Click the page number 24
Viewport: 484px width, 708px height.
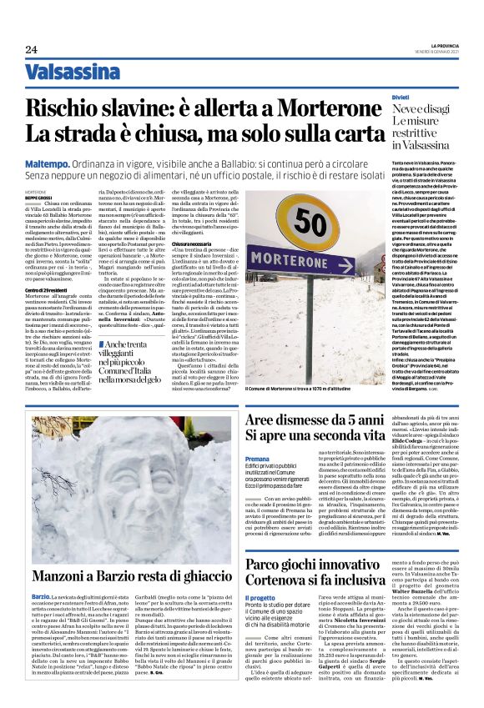click(31, 48)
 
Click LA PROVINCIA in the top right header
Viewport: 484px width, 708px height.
click(438, 44)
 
